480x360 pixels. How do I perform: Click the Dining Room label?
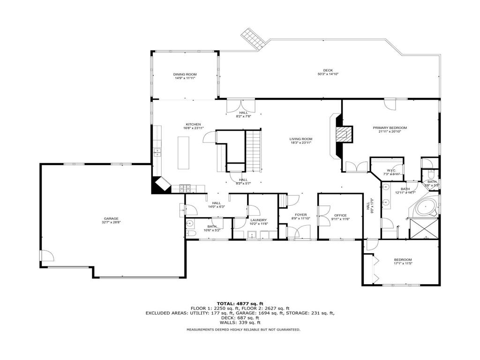coord(185,74)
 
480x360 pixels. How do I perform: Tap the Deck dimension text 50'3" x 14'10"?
coord(328,74)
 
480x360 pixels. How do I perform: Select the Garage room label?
coord(111,218)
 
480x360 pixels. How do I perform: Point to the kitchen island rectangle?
coord(183,153)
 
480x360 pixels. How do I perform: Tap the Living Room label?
coord(300,139)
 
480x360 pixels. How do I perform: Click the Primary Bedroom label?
coord(390,127)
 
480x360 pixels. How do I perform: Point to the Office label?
coord(340,215)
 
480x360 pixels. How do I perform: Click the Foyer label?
coord(300,215)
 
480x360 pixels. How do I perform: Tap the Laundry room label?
coord(258,220)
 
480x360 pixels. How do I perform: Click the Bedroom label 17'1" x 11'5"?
coord(403,260)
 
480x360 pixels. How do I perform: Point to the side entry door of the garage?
coord(46,255)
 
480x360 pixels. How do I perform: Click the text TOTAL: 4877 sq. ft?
coord(240,303)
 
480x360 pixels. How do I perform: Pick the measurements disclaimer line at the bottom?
coord(243,330)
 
